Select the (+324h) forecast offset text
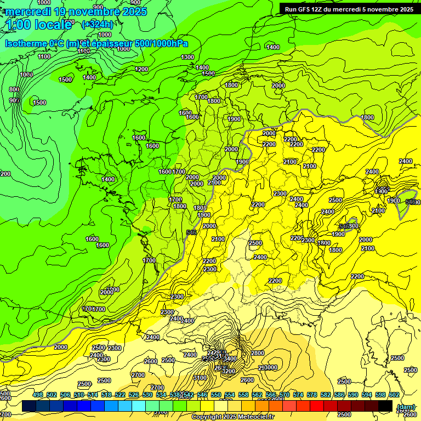click(98, 24)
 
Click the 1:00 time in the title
click(19, 24)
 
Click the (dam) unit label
click(406, 407)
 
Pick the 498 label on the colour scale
click(38, 395)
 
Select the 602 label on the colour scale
click(394, 395)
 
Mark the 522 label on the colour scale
click(120, 395)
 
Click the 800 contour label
click(14, 89)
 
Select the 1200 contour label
click(141, 69)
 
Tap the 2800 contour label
click(258, 353)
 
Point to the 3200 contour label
click(229, 371)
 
